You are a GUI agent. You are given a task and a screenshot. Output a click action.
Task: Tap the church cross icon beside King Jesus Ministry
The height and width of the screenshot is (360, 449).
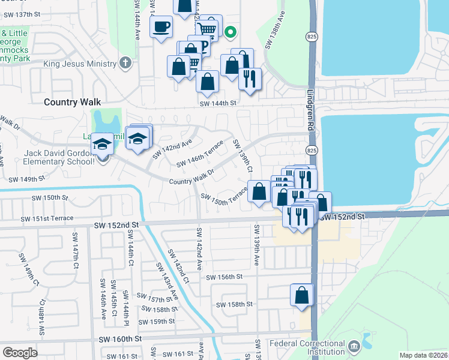(125, 62)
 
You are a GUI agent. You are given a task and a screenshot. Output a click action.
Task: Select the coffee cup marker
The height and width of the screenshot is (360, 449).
(161, 28)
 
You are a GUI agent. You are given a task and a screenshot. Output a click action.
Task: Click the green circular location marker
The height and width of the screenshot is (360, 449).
(230, 32)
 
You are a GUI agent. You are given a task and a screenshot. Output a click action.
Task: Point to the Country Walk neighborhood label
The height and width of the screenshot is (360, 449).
(72, 102)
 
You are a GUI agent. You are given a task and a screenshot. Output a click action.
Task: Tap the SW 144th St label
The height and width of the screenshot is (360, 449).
(218, 103)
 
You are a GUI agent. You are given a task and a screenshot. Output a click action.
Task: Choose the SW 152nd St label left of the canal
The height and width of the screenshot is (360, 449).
(116, 224)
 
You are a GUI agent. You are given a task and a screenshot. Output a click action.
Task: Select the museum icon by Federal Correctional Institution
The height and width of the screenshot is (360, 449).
(354, 346)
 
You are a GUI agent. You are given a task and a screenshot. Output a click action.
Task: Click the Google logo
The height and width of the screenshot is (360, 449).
(20, 353)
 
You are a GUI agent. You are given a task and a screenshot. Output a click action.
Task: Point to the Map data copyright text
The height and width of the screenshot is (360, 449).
(424, 355)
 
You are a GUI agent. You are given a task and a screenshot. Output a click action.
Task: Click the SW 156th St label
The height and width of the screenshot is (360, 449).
(224, 277)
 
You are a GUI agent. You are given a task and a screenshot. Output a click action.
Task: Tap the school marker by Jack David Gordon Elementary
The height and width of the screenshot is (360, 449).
(102, 145)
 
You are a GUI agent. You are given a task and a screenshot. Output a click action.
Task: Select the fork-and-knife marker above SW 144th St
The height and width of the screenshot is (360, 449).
(249, 79)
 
